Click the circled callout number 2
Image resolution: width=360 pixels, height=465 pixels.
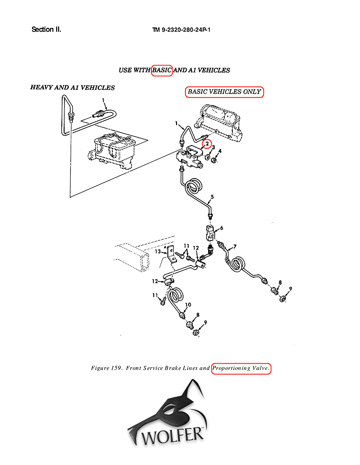coord(207,144)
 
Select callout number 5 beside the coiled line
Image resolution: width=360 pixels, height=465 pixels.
coord(212,197)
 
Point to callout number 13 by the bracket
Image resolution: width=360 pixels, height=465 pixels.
coord(158,252)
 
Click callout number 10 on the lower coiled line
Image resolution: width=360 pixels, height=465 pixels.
coord(188,305)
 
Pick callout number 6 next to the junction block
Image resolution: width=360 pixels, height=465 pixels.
coord(222,228)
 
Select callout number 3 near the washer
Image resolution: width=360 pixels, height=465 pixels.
coord(213,147)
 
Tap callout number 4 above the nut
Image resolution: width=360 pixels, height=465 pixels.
coord(220,151)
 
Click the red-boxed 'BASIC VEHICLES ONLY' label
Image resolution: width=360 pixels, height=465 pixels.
coord(224,92)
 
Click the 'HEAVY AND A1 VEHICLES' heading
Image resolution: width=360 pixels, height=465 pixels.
coord(72,87)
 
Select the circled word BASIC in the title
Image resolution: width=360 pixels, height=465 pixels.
coord(162,70)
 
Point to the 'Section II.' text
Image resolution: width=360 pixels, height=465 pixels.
coord(46,30)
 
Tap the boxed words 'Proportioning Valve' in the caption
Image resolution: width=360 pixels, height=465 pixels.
coord(241,368)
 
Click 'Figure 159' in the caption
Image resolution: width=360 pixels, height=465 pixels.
coord(106,368)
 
